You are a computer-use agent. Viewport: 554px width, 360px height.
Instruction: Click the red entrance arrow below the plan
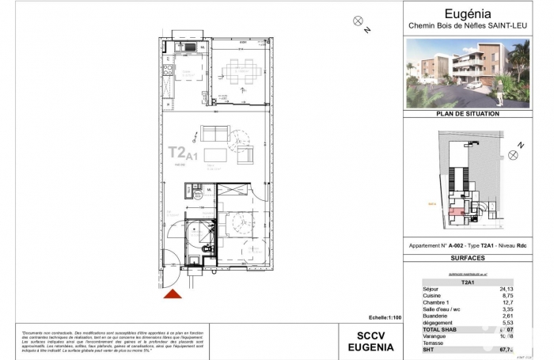point(173,294)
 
